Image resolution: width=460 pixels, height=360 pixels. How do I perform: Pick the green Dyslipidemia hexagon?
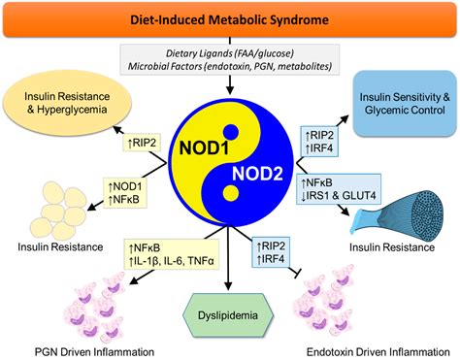click(x=230, y=314)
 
